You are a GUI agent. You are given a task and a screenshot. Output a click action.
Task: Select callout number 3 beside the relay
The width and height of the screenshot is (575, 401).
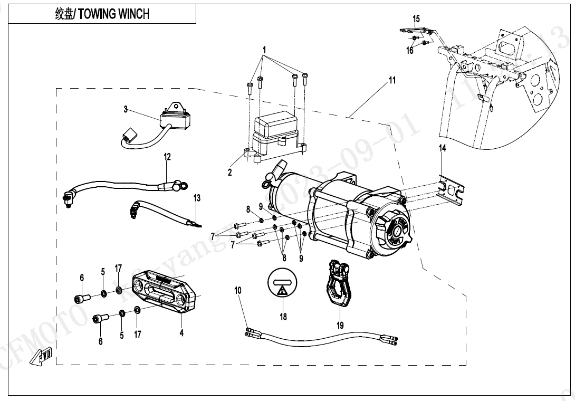pyautogui.click(x=126, y=110)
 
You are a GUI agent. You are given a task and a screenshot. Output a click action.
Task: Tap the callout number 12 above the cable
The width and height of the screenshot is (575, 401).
pyautogui.click(x=167, y=157)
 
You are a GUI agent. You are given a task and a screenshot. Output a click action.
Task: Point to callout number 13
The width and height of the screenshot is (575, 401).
pyautogui.click(x=197, y=198)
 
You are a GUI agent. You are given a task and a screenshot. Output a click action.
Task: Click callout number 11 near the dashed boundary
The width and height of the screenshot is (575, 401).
pyautogui.click(x=392, y=81)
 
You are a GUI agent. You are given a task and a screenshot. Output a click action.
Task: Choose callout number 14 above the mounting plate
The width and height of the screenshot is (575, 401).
pyautogui.click(x=442, y=149)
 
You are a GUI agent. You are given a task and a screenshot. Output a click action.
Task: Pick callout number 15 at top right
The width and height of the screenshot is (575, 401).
pyautogui.click(x=416, y=19)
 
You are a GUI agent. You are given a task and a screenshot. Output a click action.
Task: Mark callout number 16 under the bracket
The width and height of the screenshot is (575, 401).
pyautogui.click(x=410, y=51)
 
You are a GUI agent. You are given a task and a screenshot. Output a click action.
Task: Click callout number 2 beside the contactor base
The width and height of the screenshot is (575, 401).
pyautogui.click(x=230, y=173)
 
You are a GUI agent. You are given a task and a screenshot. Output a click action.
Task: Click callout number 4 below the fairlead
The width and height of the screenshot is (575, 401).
pyautogui.click(x=181, y=333)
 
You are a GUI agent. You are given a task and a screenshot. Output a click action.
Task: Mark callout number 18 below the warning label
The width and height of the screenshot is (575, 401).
pyautogui.click(x=283, y=317)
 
